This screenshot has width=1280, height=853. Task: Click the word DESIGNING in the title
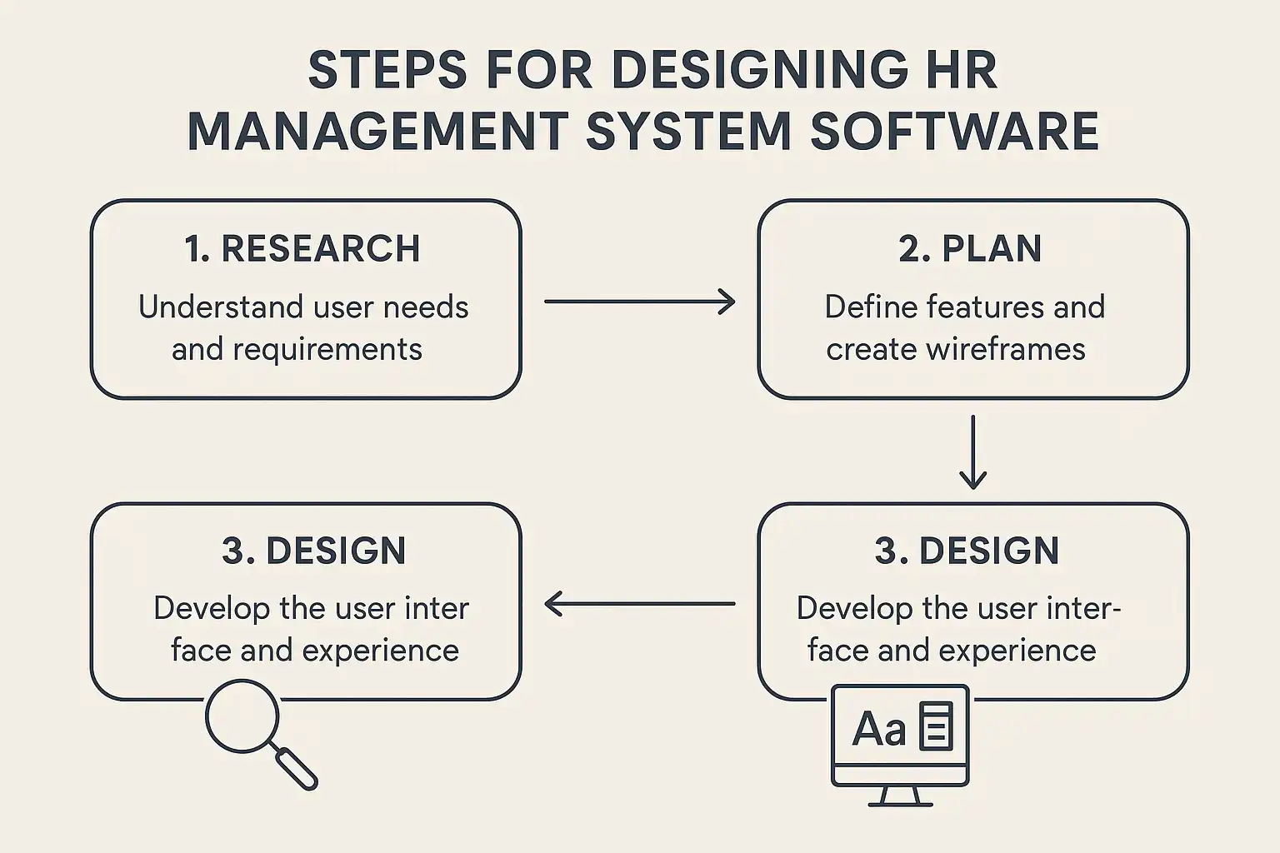(x=760, y=70)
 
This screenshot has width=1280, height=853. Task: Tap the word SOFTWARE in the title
(x=955, y=131)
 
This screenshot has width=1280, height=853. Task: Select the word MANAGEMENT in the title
(x=377, y=131)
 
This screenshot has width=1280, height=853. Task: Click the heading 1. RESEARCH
(x=302, y=248)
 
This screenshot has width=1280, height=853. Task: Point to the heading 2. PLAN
(x=970, y=248)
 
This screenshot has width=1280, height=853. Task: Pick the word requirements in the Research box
(x=327, y=350)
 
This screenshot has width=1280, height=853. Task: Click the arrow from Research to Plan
(x=639, y=301)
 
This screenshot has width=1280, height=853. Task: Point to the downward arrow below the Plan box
(x=972, y=452)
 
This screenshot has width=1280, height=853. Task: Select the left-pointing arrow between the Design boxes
(x=639, y=603)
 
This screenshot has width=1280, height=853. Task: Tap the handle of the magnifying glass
(x=297, y=769)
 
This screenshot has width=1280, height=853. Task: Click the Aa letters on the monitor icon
(x=879, y=730)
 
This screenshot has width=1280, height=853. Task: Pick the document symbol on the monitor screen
(x=936, y=726)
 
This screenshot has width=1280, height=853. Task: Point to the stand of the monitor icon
(x=901, y=796)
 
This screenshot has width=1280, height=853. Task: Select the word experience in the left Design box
(x=381, y=651)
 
